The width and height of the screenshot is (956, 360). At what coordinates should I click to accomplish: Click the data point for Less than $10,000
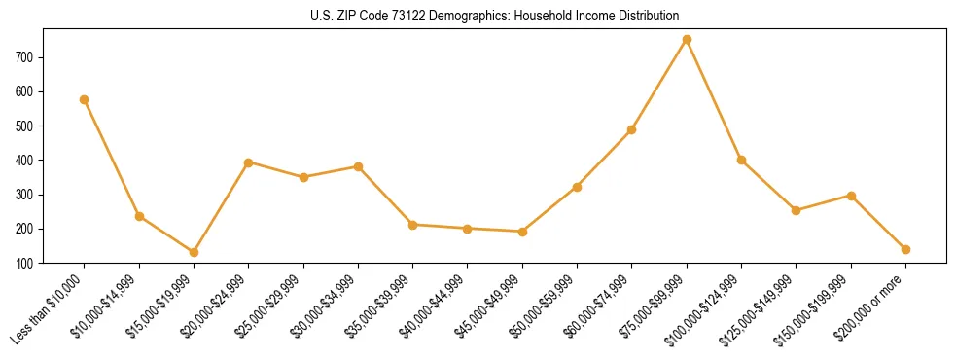click(x=85, y=99)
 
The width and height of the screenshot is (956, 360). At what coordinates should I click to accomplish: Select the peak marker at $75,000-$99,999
click(x=687, y=40)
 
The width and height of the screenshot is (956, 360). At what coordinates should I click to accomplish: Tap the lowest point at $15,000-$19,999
click(x=194, y=252)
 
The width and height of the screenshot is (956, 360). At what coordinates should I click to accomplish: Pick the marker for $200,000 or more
click(x=905, y=249)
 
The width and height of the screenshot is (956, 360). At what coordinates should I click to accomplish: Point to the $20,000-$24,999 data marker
click(x=249, y=162)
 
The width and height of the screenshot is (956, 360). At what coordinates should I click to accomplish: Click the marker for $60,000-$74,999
click(x=632, y=129)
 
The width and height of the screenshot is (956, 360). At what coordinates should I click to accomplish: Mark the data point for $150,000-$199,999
click(x=851, y=196)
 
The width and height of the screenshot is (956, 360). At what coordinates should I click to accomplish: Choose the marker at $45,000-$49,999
click(x=522, y=232)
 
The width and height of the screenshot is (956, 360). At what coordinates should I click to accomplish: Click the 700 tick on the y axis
click(x=28, y=57)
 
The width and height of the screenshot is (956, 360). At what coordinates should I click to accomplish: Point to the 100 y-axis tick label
click(x=28, y=263)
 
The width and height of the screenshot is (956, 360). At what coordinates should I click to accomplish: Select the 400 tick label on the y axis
click(x=28, y=161)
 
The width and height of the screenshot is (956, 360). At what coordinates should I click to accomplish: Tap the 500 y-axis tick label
click(x=28, y=126)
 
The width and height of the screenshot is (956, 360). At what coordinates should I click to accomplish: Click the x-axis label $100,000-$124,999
click(x=705, y=307)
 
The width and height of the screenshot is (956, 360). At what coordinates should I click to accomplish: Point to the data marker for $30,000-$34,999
click(x=358, y=166)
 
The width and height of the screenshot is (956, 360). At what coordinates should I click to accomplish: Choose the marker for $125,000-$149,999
click(x=796, y=210)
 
